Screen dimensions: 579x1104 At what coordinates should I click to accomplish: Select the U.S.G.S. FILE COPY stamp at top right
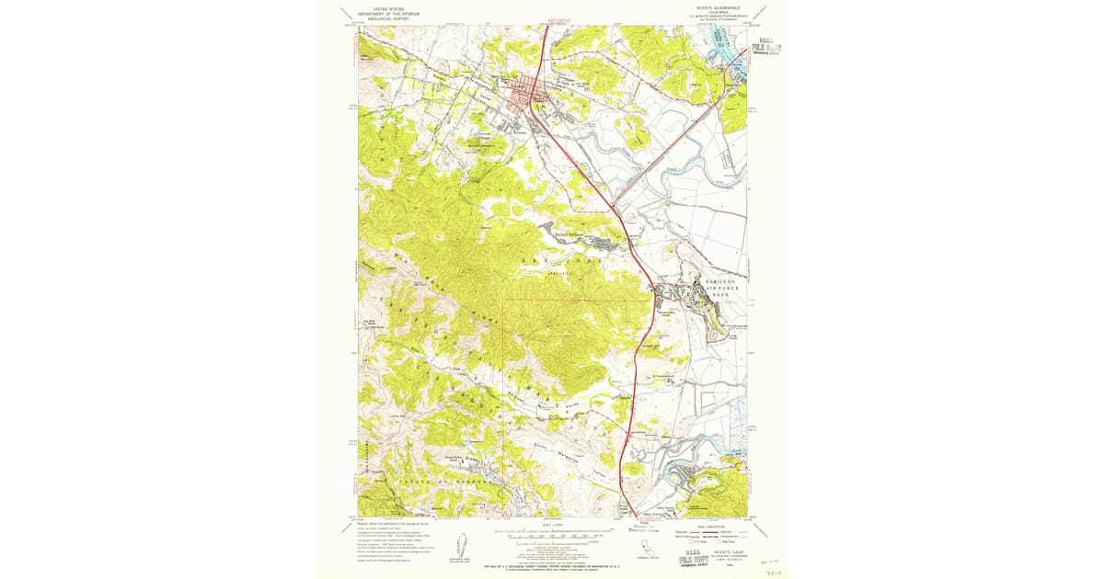pos(767,47)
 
